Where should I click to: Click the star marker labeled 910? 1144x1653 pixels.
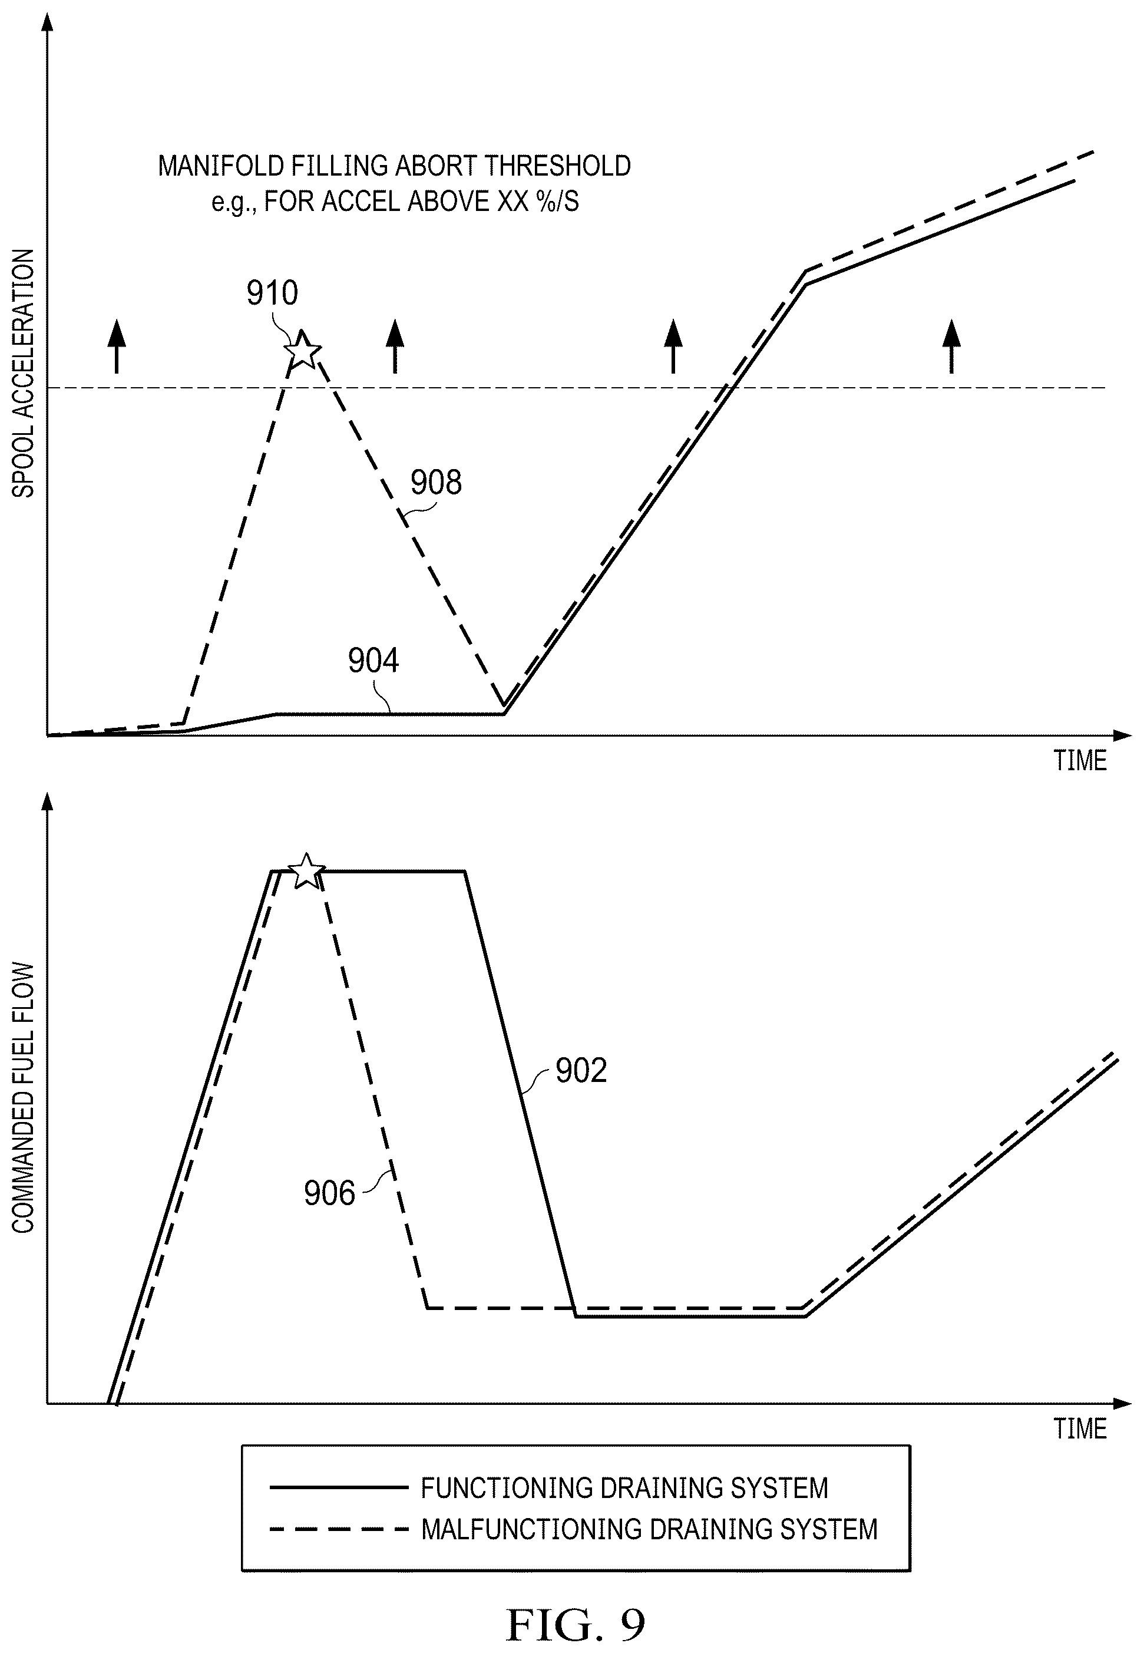coord(302,351)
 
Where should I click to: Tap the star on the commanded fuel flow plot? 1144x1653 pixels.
coord(307,872)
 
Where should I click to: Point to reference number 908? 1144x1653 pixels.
coord(436,482)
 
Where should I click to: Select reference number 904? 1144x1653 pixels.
coord(373,660)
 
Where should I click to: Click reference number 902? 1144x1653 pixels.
coord(581,1071)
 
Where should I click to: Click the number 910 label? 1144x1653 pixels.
coord(272,293)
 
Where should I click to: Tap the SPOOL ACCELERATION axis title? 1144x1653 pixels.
coord(24,374)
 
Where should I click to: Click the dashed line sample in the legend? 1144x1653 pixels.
coord(338,1530)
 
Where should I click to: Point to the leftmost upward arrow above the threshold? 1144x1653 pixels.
coord(116,347)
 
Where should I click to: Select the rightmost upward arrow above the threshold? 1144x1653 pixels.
coord(951,347)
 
